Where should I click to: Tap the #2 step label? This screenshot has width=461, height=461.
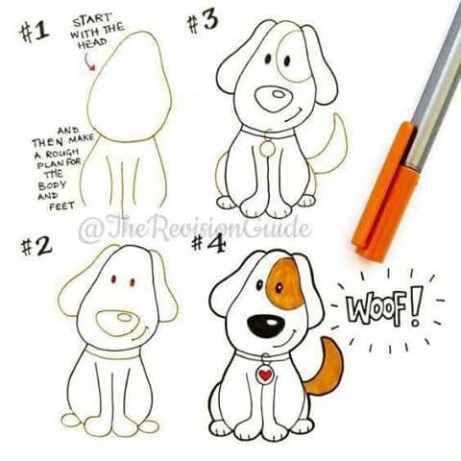35,246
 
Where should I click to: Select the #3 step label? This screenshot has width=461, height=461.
203,22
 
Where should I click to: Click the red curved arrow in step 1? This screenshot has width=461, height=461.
90,61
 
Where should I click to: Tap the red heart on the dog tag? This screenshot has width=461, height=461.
264,376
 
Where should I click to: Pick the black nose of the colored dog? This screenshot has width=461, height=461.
264,325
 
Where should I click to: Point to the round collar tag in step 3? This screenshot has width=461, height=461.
266,149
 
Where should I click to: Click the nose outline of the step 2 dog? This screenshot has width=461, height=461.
117,322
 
